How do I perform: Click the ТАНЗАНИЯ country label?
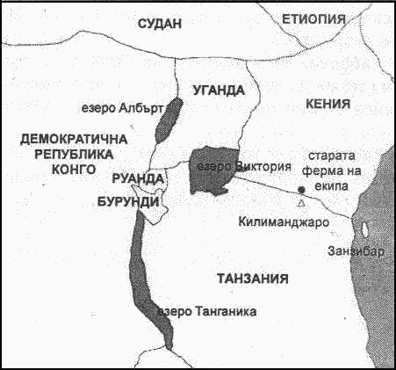pyautogui.click(x=252, y=279)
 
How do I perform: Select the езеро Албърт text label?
pyautogui.click(x=133, y=109)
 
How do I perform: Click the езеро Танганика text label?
pyautogui.click(x=205, y=311)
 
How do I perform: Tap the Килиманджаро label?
pyautogui.click(x=284, y=221)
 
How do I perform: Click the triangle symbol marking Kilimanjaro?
pyautogui.click(x=302, y=203)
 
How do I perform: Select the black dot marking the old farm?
pyautogui.click(x=300, y=189)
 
